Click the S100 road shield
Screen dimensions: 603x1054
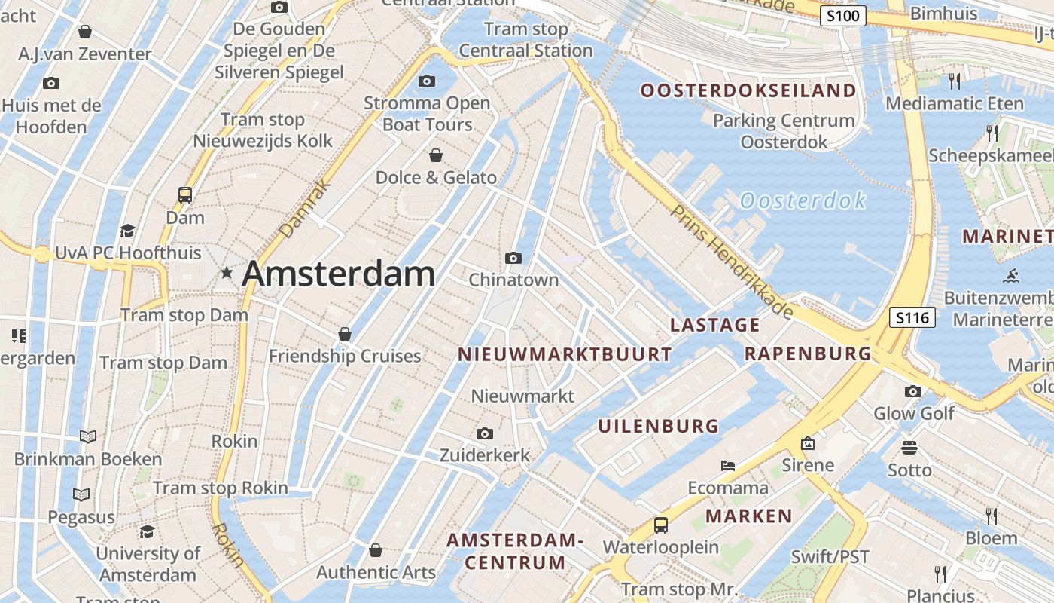point(843,16)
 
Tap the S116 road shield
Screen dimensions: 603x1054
point(912,317)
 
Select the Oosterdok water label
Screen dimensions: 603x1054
point(803,200)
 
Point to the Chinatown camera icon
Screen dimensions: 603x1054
point(513,259)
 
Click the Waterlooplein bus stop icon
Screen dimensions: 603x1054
point(660,525)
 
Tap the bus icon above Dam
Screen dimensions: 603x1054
point(185,195)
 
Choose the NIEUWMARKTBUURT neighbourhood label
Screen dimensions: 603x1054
point(565,354)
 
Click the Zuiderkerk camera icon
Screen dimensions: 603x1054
point(485,433)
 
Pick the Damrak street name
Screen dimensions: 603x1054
point(305,209)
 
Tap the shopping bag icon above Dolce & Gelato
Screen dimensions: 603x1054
point(436,156)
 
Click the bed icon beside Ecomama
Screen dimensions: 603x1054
point(727,465)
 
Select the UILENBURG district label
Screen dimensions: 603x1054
point(659,426)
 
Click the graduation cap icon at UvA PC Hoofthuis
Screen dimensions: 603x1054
point(127,231)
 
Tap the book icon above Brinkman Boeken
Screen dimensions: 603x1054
point(88,436)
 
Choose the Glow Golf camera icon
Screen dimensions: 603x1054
point(913,391)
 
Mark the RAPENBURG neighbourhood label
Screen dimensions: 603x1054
point(808,354)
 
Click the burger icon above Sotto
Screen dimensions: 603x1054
point(909,448)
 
